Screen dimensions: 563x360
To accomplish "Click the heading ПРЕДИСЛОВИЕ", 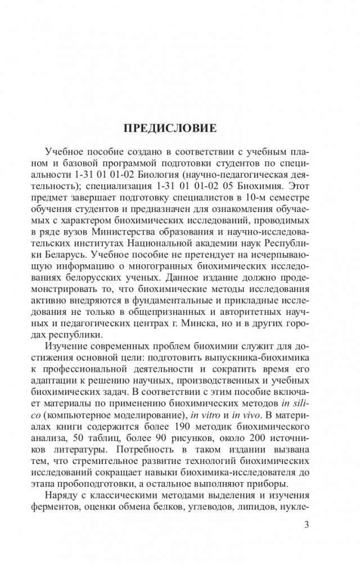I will coord(170,128).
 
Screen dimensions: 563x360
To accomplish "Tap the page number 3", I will coord(306,525).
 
